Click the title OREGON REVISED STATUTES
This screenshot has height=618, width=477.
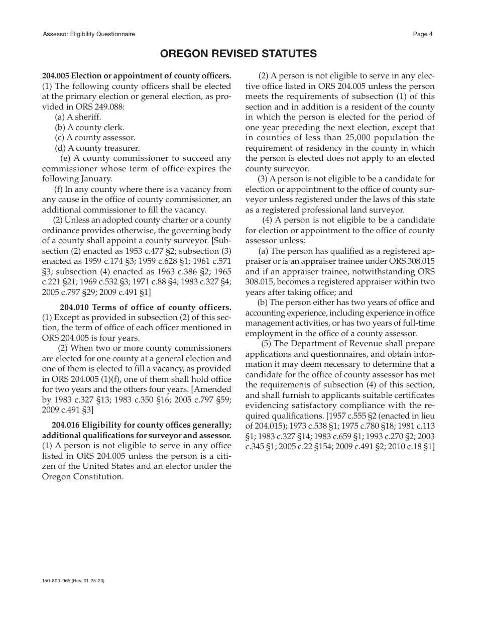(x=238, y=54)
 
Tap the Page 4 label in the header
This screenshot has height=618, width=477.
(x=422, y=34)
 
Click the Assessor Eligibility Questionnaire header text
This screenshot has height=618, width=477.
(x=89, y=34)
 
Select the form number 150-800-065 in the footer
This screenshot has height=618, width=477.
(x=58, y=580)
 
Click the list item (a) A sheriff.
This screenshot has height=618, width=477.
(x=78, y=117)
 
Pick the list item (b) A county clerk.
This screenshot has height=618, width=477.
(x=89, y=128)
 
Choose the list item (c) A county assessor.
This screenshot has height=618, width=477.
(x=95, y=138)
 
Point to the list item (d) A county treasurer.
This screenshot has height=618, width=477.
(x=97, y=148)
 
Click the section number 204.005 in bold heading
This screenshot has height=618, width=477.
(x=56, y=76)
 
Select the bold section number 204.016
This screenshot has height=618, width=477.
(x=65, y=426)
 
